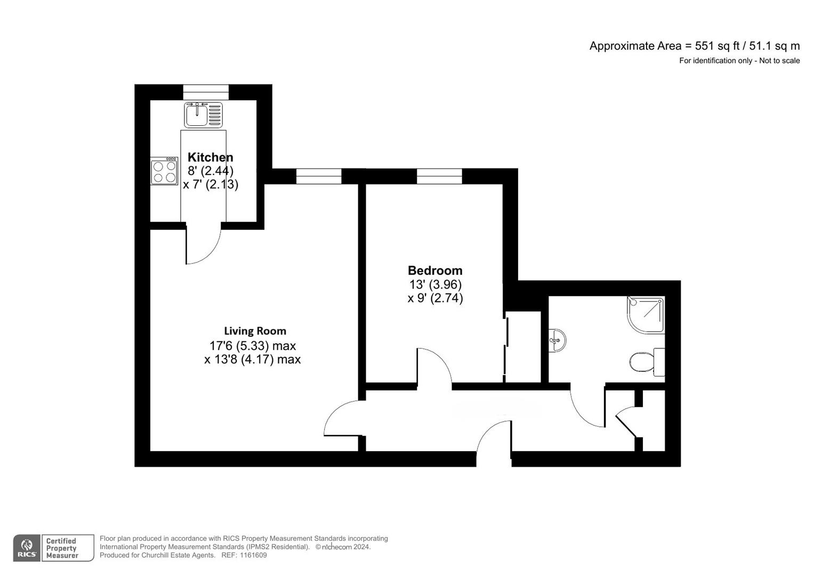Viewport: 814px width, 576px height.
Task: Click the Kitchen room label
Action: (210, 157)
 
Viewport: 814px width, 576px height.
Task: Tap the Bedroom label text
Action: (435, 270)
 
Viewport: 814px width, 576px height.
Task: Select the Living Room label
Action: (255, 331)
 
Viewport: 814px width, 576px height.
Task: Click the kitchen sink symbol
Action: (203, 114)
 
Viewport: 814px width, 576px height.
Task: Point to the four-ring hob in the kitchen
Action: (164, 171)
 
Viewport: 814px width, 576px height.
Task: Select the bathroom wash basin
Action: (557, 340)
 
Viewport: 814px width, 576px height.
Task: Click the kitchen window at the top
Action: (206, 92)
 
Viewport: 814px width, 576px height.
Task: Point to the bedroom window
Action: (439, 176)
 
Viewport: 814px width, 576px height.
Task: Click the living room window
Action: (319, 176)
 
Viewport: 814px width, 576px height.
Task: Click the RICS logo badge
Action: (27, 548)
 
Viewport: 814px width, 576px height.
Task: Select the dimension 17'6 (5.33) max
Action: (252, 346)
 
